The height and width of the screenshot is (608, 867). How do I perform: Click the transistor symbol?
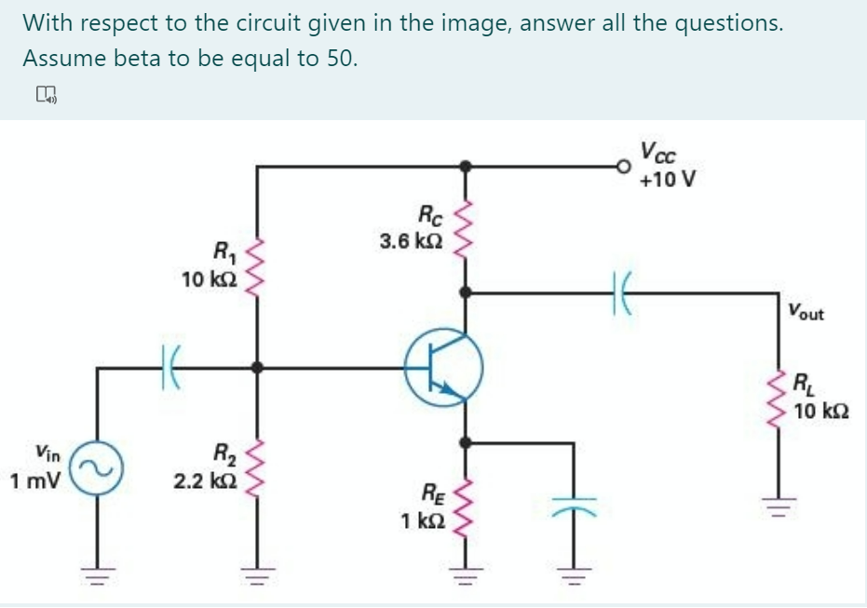click(x=444, y=368)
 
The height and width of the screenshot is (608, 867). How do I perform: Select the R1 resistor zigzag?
click(x=257, y=263)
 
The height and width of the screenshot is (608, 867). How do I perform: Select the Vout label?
click(x=805, y=313)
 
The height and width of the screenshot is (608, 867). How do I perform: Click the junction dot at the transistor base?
click(x=257, y=368)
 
